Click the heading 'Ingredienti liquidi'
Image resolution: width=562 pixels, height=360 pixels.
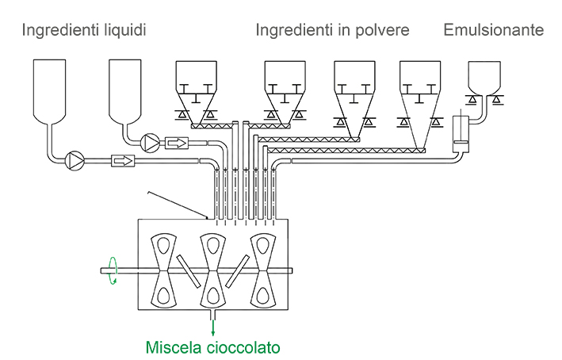(84, 31)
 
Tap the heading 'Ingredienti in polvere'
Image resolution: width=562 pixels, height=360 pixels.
(332, 31)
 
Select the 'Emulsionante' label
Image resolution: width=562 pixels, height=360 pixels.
(494, 31)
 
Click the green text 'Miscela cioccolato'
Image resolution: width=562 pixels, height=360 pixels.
(213, 347)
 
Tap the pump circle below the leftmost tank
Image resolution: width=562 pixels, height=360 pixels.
(75, 159)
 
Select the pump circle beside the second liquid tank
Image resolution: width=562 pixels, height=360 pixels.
(151, 143)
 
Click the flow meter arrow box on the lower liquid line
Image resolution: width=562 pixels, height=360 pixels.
(124, 160)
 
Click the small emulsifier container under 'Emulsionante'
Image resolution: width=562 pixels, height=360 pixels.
(484, 78)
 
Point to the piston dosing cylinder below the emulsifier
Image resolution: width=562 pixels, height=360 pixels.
(461, 133)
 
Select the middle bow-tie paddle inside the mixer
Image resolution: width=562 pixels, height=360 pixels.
(212, 270)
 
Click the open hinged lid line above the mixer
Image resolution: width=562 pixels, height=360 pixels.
(176, 203)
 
